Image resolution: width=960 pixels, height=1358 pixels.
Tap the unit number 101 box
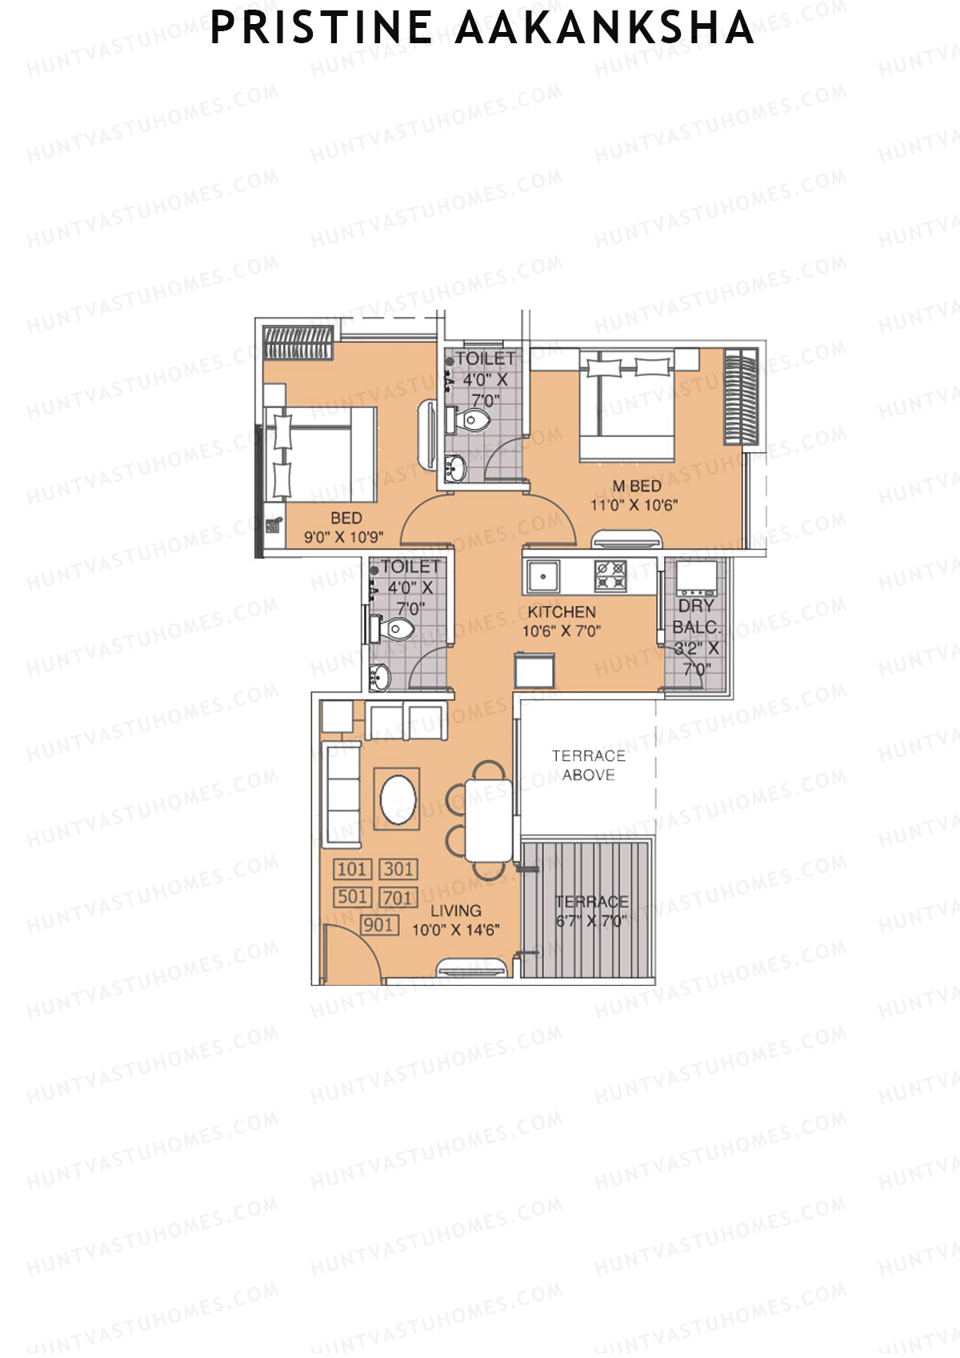(x=352, y=869)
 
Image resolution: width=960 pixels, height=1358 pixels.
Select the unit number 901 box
(x=378, y=925)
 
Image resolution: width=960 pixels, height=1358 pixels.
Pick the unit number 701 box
(x=398, y=897)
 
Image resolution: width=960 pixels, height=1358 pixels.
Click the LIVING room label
(x=455, y=911)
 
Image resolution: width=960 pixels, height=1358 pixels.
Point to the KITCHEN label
(x=562, y=611)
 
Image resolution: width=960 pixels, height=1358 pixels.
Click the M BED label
(x=637, y=486)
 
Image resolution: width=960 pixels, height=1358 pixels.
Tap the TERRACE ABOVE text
(x=588, y=765)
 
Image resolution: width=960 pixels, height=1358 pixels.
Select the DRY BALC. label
(x=696, y=616)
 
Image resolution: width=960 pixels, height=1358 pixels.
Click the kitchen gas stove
(x=610, y=575)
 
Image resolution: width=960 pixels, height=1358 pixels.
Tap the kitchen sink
(x=543, y=576)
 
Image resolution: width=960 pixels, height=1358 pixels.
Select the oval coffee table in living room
(x=398, y=799)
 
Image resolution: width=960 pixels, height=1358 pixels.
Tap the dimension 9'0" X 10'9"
(x=344, y=537)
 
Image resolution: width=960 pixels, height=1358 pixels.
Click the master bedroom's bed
(x=628, y=404)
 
